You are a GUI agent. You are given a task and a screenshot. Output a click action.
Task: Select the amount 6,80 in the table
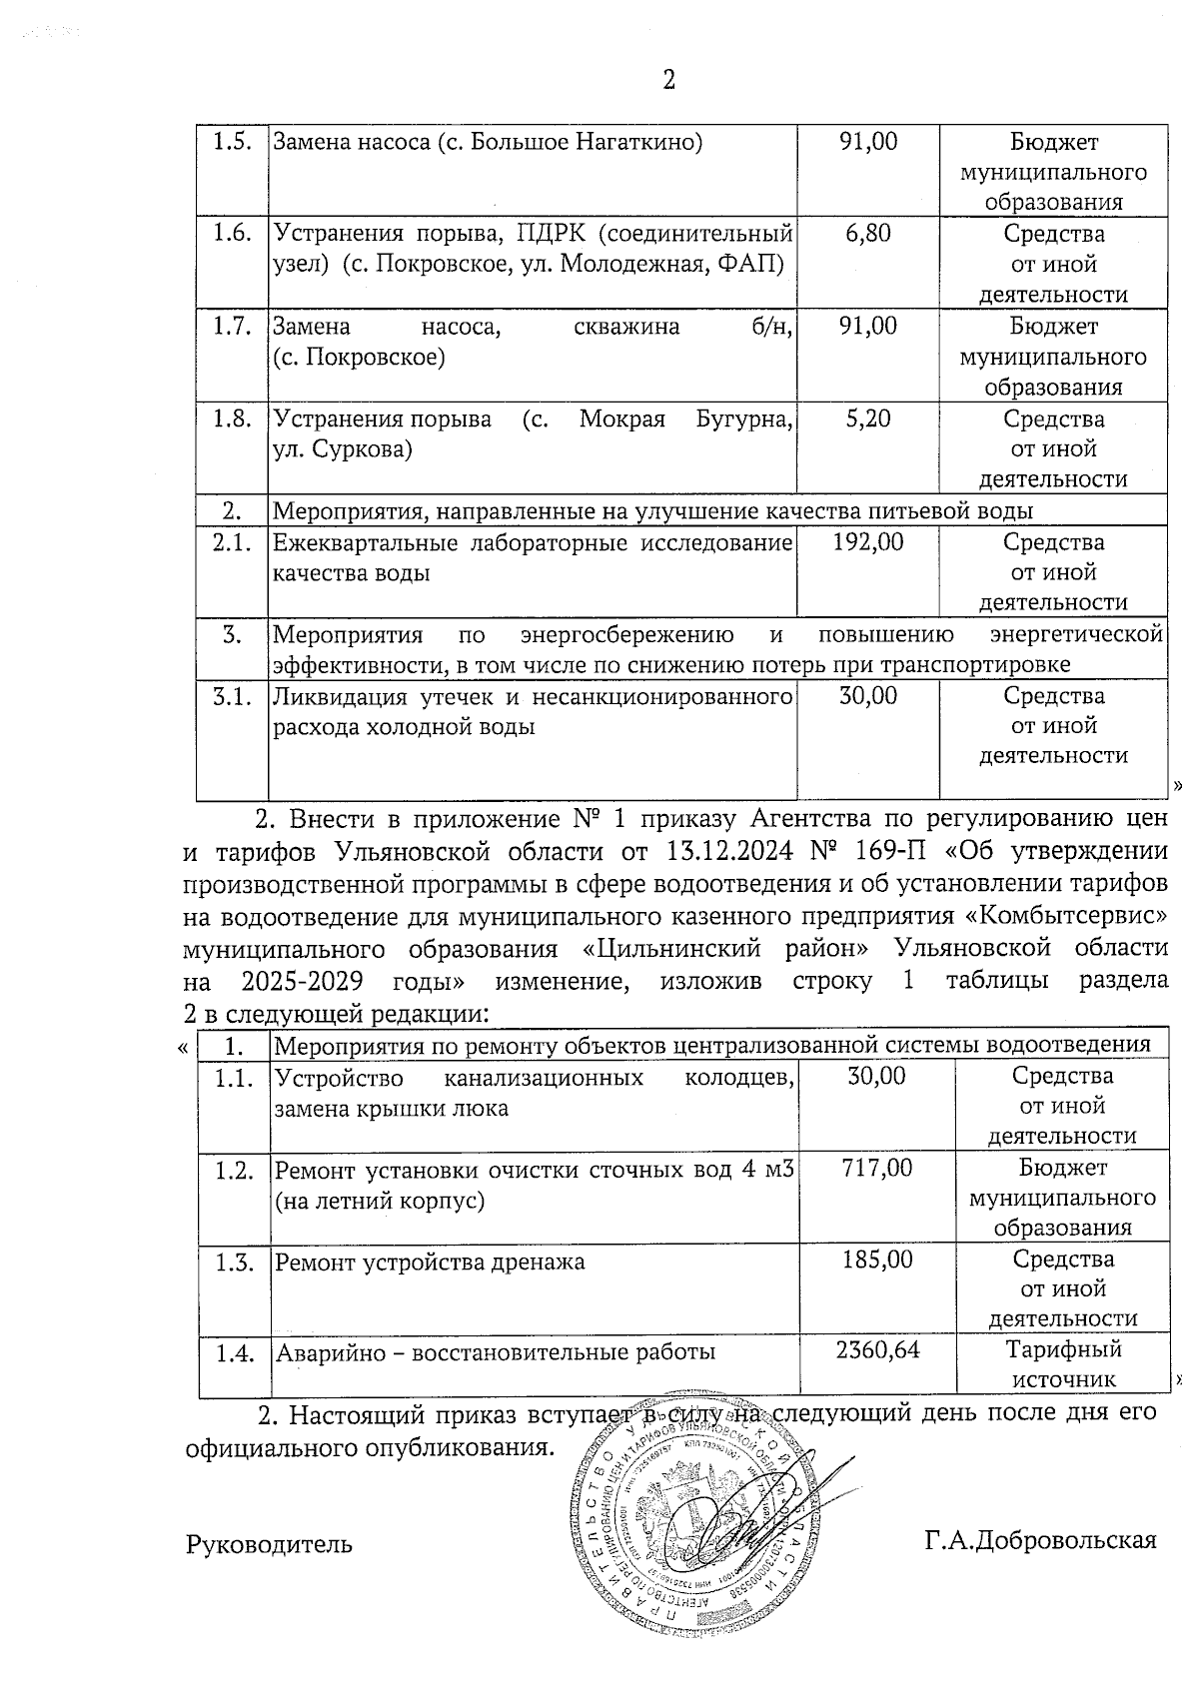867,234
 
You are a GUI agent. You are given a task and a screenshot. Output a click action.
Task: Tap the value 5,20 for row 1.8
867,419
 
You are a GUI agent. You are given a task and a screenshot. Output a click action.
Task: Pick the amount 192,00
867,542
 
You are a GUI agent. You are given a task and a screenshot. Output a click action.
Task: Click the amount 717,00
877,1167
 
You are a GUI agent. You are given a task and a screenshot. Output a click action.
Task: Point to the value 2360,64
877,1350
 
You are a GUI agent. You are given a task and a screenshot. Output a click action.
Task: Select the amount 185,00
877,1260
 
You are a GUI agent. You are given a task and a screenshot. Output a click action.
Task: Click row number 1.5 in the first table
232,141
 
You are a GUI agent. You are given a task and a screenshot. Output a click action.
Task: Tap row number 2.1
232,542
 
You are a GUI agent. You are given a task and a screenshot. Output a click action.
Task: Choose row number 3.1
232,696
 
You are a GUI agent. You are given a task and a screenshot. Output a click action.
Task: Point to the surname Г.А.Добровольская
1040,1540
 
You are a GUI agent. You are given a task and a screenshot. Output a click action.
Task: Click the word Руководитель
269,1544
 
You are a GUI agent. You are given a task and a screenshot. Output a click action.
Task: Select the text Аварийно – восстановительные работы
495,1353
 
